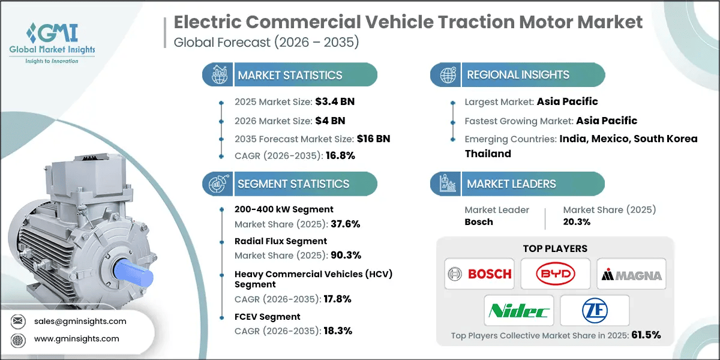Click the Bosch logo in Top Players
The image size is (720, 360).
click(481, 274)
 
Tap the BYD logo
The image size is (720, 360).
click(555, 274)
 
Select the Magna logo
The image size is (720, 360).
click(631, 275)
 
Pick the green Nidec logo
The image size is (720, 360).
click(518, 310)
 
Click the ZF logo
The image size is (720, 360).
click(593, 310)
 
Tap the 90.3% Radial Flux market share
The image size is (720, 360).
click(346, 255)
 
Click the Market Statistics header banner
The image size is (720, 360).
click(290, 75)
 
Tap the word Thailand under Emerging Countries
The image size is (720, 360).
click(488, 154)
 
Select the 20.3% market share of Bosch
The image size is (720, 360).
click(577, 221)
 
